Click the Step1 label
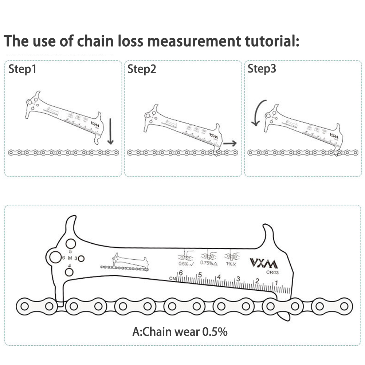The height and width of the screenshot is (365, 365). [x=23, y=69]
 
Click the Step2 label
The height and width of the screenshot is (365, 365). [x=142, y=69]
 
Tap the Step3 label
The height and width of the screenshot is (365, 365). [x=262, y=69]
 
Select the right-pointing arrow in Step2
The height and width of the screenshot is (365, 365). [x=229, y=144]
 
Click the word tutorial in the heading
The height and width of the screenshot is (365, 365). [x=270, y=41]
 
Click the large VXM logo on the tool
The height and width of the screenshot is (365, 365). [x=263, y=263]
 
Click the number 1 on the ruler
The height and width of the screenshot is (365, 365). [x=276, y=283]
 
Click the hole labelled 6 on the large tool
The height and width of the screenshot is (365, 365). [x=55, y=257]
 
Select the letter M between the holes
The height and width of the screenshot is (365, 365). [x=70, y=258]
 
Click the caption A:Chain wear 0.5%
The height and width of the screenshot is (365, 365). [x=180, y=332]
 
